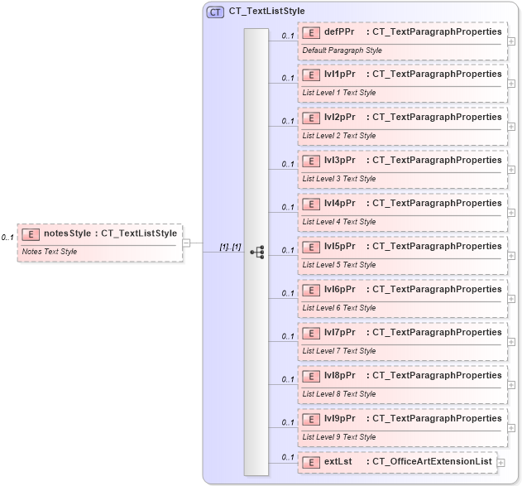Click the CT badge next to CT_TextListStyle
coord(215,12)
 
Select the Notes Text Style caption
coord(50,252)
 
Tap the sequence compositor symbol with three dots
coord(256,252)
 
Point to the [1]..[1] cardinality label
coord(230,247)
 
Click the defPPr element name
coord(339,31)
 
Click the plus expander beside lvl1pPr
coord(511,84)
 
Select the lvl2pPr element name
coord(339,118)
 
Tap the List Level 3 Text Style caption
coord(339,179)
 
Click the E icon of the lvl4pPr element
coord(312,204)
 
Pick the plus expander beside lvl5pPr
coord(511,256)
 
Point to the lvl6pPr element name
coord(339,290)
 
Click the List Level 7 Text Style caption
coord(339,351)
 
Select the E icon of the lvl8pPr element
coord(312,376)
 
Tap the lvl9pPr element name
coord(339,419)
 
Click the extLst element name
coord(338,461)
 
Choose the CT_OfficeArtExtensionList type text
coord(432,461)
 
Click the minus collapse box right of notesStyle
coord(187,243)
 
